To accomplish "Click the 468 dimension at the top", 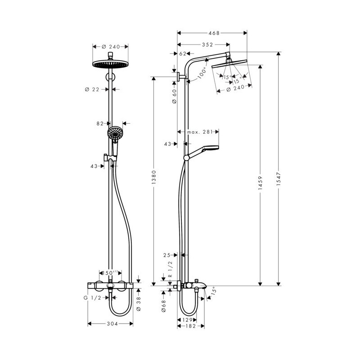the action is [214, 33].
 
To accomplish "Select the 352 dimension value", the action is [207, 45].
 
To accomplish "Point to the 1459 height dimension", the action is [260, 183].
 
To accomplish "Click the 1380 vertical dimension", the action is [154, 177].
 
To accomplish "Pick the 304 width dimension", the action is [112, 324].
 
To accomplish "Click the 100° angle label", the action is [202, 73].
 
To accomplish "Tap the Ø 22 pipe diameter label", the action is [92, 89].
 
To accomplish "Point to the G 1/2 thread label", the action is [92, 298].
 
